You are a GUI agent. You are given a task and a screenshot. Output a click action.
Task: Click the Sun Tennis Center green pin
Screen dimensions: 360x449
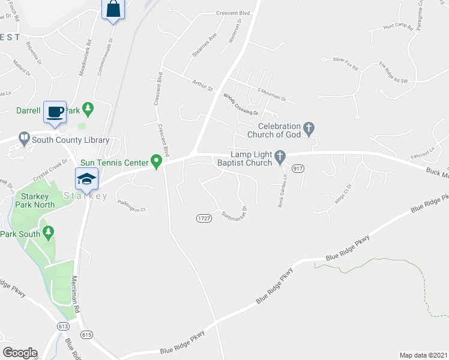(x=157, y=161)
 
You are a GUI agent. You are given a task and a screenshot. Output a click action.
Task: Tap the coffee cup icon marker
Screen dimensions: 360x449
(x=55, y=112)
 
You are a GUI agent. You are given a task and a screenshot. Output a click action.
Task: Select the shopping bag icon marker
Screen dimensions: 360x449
(x=112, y=10)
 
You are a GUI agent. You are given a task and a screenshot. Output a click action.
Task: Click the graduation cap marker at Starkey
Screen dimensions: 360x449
(x=86, y=178)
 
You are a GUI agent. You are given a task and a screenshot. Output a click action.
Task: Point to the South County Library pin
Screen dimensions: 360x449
(x=24, y=139)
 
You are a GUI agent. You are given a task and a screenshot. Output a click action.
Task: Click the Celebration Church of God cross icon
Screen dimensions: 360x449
(x=309, y=128)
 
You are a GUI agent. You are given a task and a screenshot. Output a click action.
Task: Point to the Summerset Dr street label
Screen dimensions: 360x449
(x=235, y=213)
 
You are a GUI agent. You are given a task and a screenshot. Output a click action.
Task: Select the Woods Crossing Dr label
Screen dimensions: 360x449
(x=241, y=104)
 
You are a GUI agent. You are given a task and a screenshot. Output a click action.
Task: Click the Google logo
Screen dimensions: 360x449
(x=20, y=352)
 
